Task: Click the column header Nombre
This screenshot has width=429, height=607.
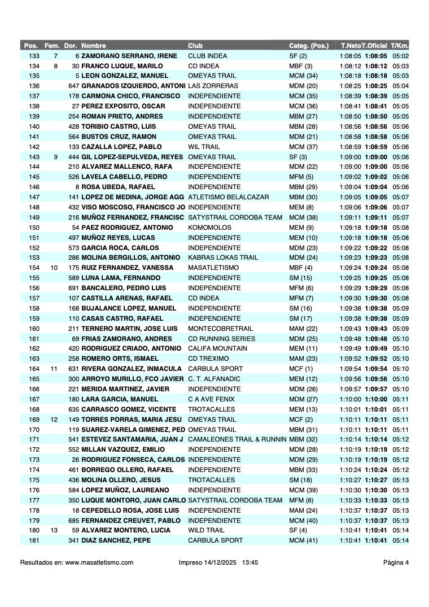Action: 94,46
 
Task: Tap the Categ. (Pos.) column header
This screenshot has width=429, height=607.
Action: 309,46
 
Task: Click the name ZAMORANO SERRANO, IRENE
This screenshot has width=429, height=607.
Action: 129,56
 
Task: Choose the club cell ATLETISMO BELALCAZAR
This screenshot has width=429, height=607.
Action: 229,197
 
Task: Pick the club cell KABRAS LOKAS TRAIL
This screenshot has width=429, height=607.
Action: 223,257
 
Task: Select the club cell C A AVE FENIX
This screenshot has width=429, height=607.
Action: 211,399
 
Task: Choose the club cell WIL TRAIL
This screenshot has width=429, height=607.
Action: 204,147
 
